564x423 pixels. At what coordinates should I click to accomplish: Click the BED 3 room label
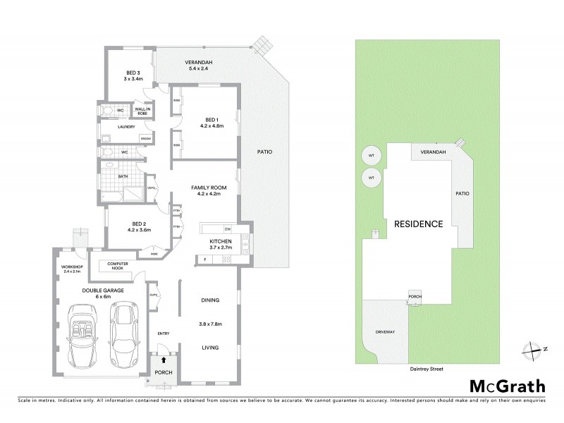click(133, 73)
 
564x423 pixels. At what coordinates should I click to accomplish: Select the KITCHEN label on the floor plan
click(220, 242)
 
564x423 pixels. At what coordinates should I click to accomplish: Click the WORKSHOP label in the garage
click(72, 266)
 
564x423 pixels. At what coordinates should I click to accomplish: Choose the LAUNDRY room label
click(116, 127)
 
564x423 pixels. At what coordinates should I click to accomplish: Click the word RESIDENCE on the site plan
click(418, 225)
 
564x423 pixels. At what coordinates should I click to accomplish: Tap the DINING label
click(209, 300)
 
